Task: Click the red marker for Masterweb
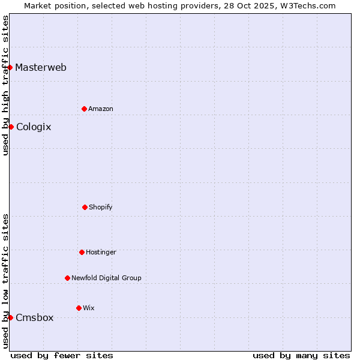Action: click(10, 67)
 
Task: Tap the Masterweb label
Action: click(41, 67)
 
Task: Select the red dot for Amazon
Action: click(84, 109)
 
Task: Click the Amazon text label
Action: click(101, 109)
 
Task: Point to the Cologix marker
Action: click(11, 127)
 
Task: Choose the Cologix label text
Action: click(34, 127)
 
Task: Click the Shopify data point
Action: click(85, 207)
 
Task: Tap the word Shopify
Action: click(101, 207)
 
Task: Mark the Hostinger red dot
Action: click(82, 252)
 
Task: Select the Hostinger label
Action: click(101, 252)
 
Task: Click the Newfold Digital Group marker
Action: click(67, 278)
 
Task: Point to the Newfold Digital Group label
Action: click(106, 278)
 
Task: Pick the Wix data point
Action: click(79, 308)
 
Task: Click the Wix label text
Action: click(89, 308)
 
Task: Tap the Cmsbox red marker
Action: click(10, 317)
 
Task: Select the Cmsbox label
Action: click(35, 317)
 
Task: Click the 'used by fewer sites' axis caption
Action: click(62, 355)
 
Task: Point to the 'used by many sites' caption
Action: click(301, 355)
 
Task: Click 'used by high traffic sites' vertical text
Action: click(5, 85)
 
